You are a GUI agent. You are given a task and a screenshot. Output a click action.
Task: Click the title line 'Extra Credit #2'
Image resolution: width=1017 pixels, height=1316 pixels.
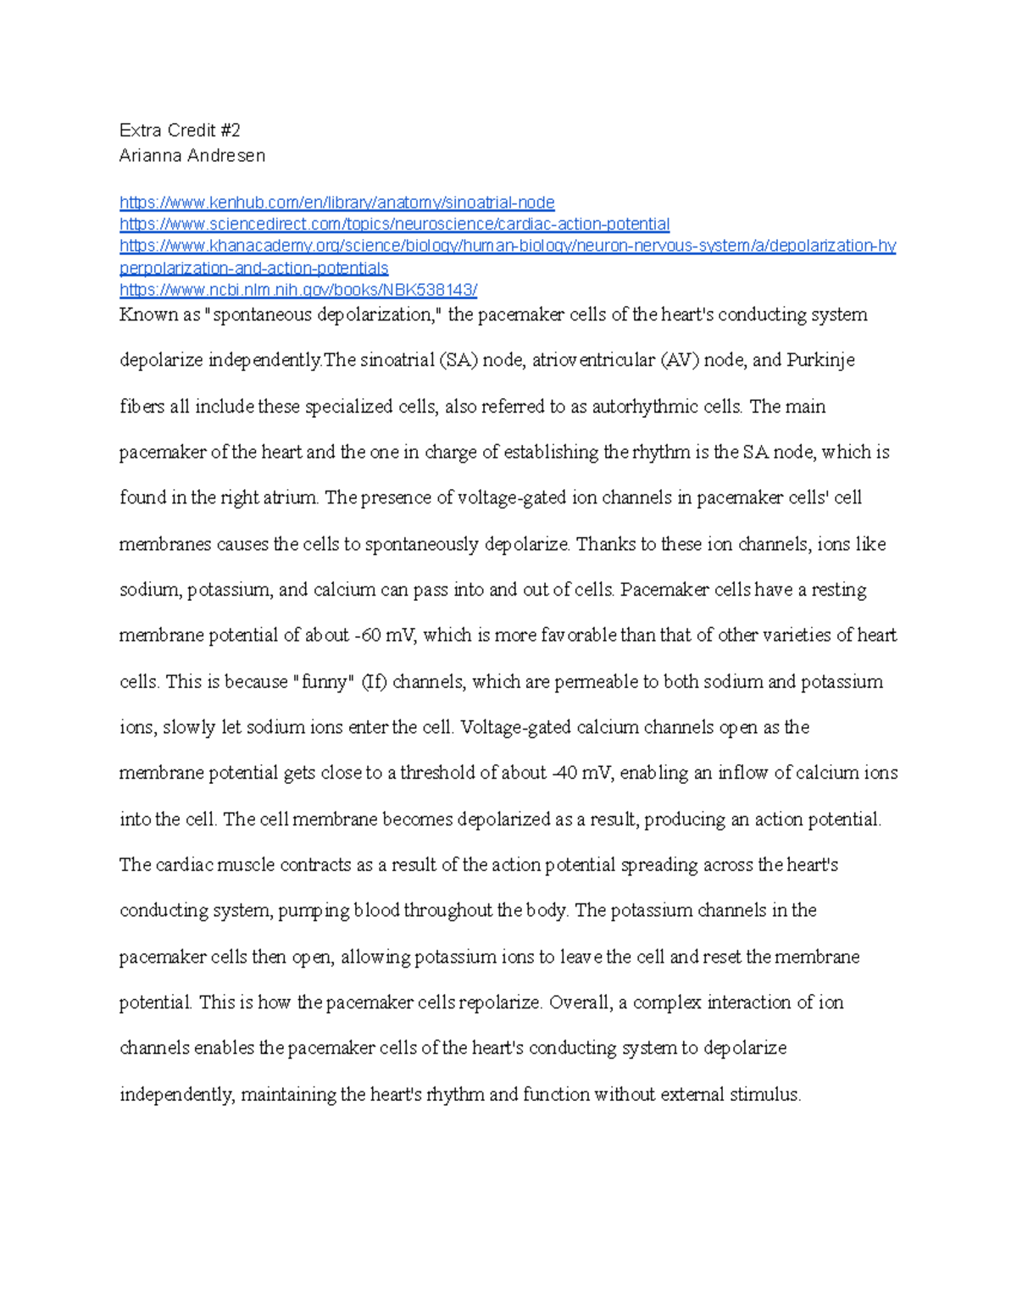point(180,130)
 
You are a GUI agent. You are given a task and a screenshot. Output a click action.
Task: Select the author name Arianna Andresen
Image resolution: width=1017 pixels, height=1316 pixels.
point(192,156)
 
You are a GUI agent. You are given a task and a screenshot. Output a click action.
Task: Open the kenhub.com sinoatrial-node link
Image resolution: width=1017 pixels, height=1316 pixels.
point(336,203)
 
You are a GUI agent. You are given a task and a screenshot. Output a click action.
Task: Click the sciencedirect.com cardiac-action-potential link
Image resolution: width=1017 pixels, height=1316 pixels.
point(394,225)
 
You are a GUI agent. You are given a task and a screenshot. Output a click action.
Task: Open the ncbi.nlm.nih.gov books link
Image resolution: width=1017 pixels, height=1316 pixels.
point(298,291)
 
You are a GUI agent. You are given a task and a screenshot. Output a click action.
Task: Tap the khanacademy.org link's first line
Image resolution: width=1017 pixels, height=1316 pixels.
point(507,247)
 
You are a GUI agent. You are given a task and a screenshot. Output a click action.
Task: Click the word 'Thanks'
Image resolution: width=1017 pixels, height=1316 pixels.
point(603,544)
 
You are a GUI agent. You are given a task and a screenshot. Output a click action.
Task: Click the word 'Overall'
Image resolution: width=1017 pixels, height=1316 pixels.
point(580,1002)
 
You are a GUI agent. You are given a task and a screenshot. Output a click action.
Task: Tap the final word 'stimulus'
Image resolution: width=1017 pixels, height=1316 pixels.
point(766,1095)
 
